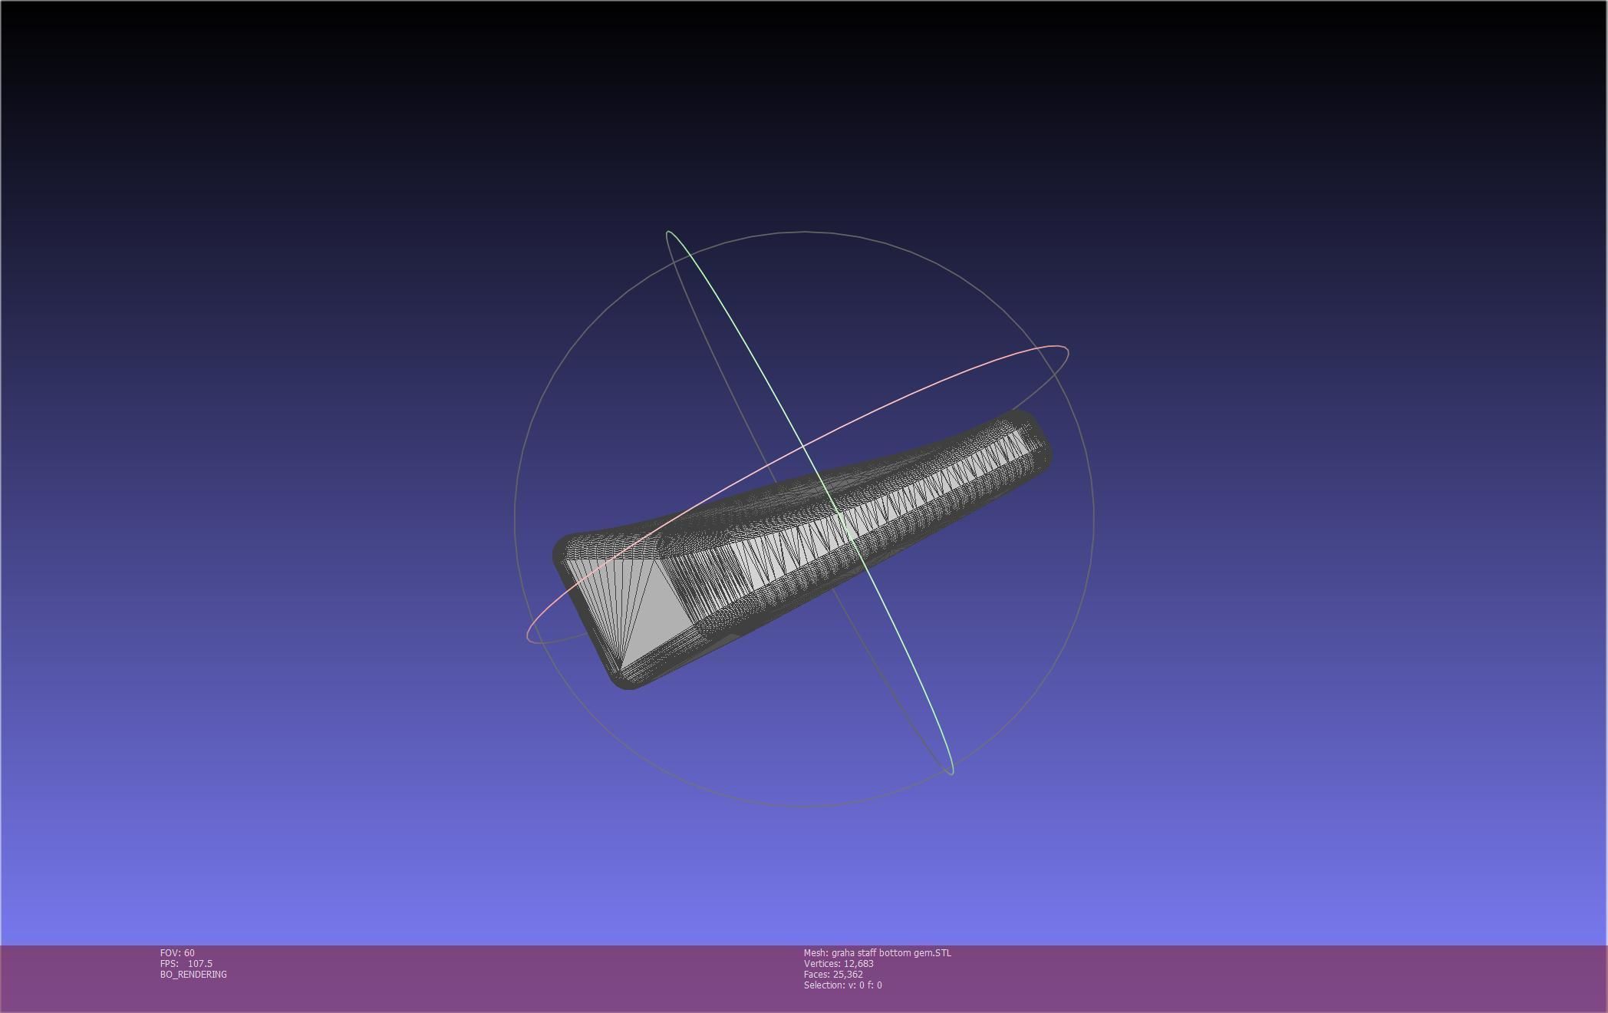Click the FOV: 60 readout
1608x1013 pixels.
click(177, 953)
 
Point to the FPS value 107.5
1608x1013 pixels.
click(199, 964)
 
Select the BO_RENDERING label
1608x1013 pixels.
click(193, 975)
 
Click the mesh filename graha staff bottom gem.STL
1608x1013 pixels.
click(891, 953)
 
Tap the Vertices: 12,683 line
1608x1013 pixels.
click(839, 964)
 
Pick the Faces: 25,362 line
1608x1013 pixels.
click(833, 975)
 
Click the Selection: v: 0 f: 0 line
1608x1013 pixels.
click(842, 985)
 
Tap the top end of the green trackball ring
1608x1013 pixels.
click(669, 232)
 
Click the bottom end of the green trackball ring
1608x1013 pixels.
click(951, 771)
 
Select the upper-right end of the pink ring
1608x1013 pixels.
click(1065, 351)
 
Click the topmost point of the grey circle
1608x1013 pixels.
click(804, 231)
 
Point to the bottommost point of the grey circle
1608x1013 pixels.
click(804, 807)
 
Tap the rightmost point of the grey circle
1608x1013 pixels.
click(1093, 519)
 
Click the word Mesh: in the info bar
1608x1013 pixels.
click(816, 953)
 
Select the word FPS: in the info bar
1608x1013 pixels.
click(169, 964)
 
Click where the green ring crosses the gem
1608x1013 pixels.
click(848, 530)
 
